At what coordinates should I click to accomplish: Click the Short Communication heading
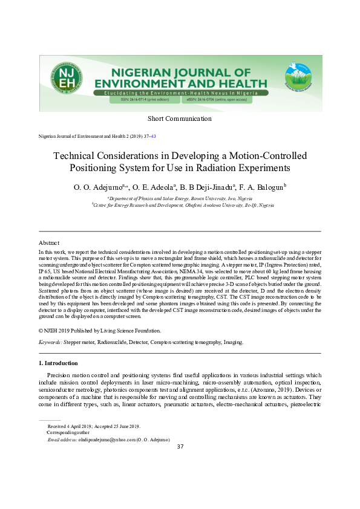pyautogui.click(x=180, y=117)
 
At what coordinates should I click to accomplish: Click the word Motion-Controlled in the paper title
pyautogui.click(x=268, y=155)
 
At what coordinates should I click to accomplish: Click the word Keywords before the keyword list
pyautogui.click(x=50, y=342)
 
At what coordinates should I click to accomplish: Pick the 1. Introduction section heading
pyautogui.click(x=58, y=363)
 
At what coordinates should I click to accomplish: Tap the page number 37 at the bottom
pyautogui.click(x=180, y=447)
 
